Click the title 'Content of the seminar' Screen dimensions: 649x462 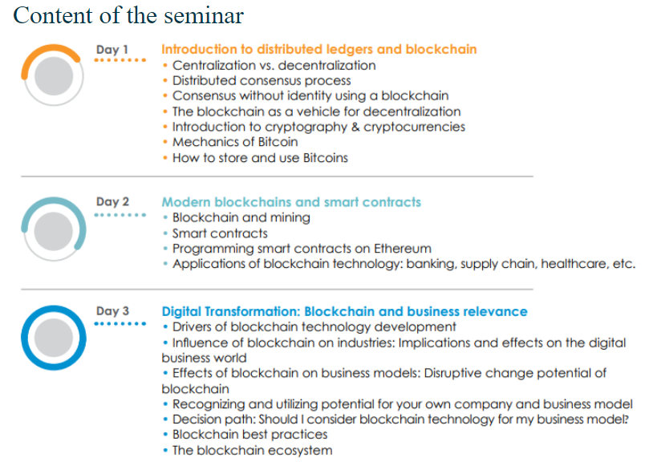click(128, 16)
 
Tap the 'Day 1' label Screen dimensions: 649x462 click(112, 50)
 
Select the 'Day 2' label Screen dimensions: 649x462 click(112, 201)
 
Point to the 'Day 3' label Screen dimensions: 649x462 click(112, 311)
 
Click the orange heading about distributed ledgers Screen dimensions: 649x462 click(319, 49)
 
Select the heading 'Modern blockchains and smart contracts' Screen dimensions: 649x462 click(291, 202)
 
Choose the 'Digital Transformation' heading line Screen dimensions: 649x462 click(345, 311)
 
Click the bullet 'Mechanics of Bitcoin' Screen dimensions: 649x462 click(235, 142)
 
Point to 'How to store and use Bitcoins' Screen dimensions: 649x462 click(261, 158)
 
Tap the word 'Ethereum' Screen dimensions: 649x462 click(403, 249)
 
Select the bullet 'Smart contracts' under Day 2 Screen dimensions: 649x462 click(220, 233)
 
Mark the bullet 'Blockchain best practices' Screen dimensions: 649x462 click(250, 434)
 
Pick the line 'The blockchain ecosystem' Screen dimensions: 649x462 click(253, 450)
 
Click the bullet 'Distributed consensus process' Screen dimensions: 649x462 click(262, 80)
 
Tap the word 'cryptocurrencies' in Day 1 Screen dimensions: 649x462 click(414, 127)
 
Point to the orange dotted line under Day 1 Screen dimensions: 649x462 click(120, 60)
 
